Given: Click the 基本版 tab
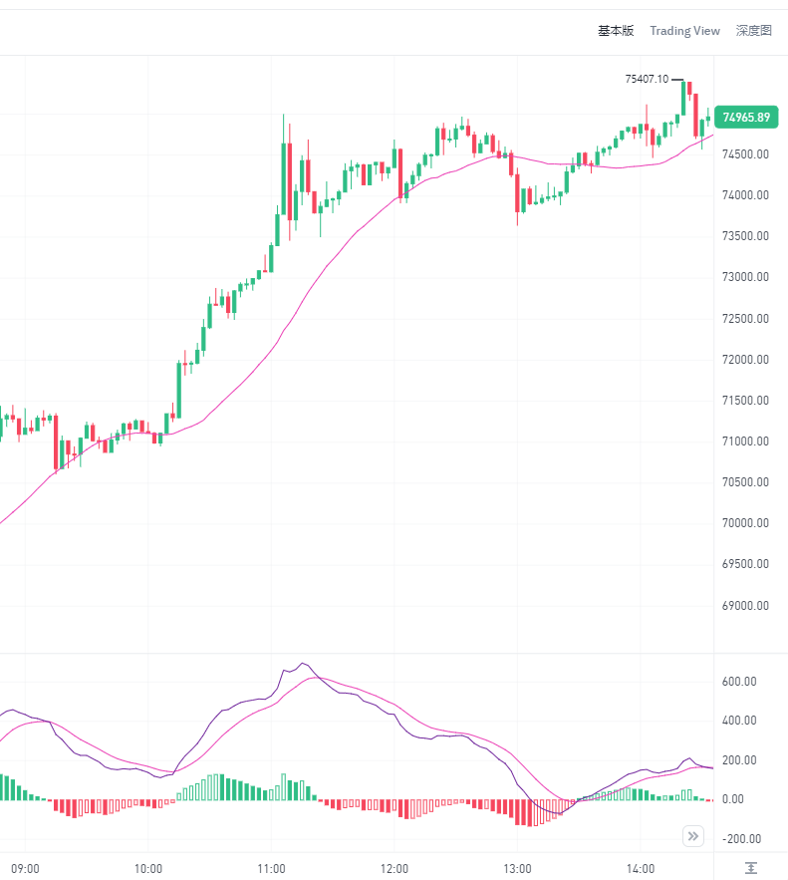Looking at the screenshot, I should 615,31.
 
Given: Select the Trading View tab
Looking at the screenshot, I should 684,31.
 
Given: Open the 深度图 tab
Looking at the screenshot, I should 753,31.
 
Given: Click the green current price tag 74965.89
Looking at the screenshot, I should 746,118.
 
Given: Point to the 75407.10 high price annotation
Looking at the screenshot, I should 647,79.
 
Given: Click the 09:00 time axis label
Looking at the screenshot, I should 25,868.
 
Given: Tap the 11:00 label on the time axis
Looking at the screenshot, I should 271,868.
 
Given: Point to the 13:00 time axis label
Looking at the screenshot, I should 518,868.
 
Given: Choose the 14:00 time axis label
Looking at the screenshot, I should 641,868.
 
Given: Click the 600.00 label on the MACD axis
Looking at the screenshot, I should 739,682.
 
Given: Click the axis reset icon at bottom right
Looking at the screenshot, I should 751,868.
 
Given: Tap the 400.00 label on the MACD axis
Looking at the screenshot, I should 739,721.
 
